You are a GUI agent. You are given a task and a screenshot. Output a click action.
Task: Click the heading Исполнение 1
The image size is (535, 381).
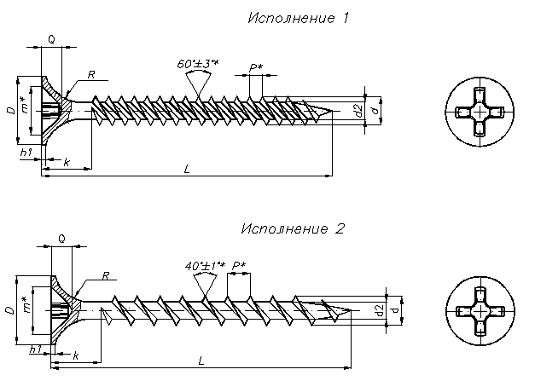point(298,18)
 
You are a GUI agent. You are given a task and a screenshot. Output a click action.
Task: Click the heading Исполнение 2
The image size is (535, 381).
point(292,228)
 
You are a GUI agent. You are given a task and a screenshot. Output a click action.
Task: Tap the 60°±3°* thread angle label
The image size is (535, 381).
point(197,64)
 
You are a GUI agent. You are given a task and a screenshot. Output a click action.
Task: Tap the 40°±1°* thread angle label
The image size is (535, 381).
point(204,265)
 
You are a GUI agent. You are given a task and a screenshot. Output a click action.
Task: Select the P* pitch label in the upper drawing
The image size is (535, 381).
point(254,68)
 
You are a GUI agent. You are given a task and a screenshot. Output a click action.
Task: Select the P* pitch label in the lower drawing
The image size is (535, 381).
point(238,265)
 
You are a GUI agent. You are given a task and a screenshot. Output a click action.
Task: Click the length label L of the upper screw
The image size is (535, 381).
point(187,169)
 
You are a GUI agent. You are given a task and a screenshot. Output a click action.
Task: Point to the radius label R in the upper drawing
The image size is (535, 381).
point(91,75)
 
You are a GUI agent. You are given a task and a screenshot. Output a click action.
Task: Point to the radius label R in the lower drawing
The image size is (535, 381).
point(104,275)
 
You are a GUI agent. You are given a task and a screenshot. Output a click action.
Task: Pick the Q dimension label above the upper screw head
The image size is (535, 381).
point(52,39)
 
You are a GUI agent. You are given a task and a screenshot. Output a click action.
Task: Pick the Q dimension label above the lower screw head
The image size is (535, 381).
point(61,240)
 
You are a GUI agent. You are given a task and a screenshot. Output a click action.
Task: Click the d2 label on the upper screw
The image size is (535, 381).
point(359,109)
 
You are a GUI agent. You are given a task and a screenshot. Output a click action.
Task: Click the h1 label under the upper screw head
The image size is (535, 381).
point(26,152)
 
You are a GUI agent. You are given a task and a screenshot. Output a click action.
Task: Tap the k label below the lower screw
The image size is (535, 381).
point(76,354)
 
